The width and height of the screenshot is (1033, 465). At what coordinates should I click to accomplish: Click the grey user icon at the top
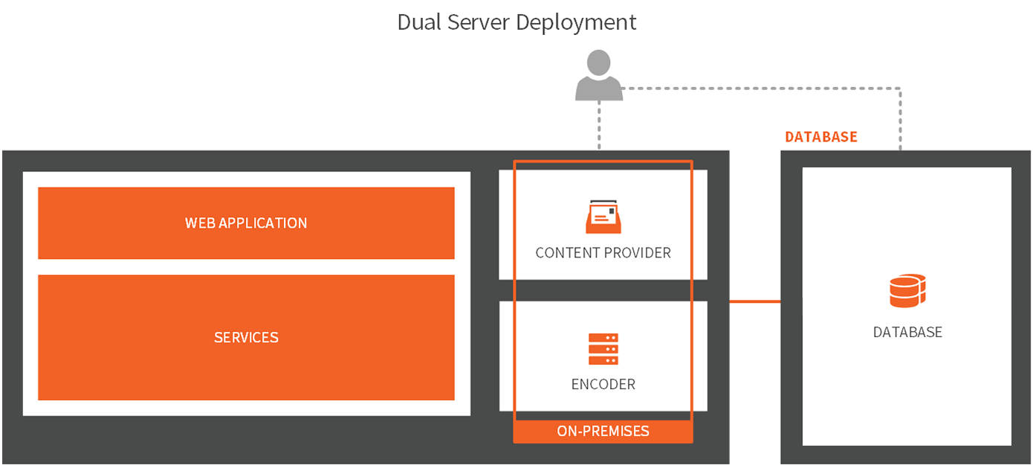click(599, 75)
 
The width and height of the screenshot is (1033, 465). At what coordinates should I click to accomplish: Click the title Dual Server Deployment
click(516, 22)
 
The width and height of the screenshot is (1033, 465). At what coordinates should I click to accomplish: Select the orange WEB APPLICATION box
click(246, 223)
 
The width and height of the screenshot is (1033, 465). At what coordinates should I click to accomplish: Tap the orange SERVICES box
click(246, 338)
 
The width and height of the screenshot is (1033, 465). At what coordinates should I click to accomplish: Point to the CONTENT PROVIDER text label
click(603, 253)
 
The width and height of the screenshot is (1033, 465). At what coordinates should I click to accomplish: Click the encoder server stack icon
click(603, 349)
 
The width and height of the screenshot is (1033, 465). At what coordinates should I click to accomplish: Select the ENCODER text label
click(603, 385)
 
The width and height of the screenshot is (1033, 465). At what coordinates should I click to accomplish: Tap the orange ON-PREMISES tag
click(603, 432)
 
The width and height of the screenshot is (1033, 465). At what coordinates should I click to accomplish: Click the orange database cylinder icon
click(907, 291)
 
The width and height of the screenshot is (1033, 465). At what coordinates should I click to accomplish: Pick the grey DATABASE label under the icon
click(907, 333)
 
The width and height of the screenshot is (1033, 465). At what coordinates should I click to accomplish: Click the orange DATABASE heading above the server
click(820, 137)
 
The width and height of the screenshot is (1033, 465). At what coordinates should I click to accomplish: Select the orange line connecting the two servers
click(754, 301)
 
